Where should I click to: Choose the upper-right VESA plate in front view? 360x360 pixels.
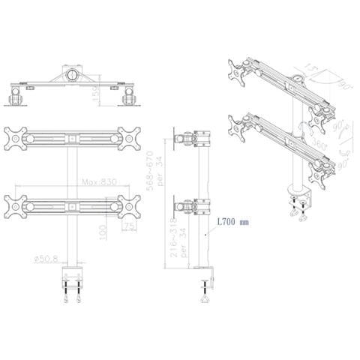click(128, 139)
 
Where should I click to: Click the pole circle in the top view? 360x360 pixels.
click(72, 76)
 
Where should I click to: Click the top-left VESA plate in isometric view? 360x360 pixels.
click(236, 70)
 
